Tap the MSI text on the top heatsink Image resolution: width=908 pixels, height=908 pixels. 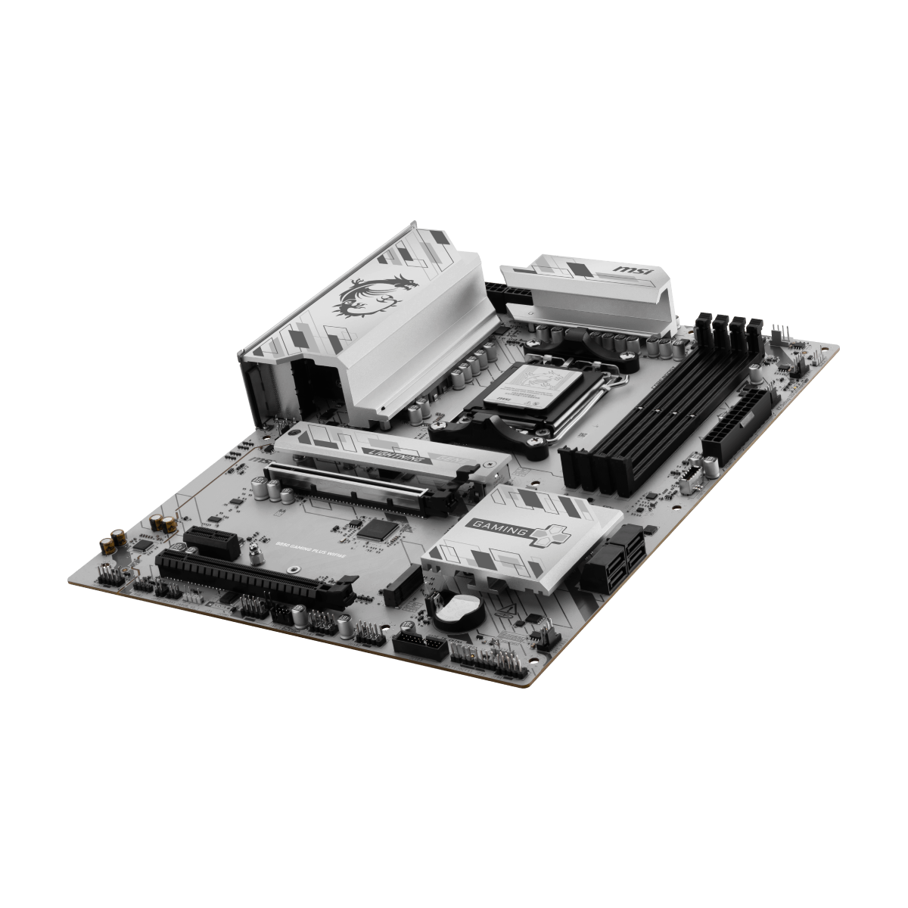click(630, 269)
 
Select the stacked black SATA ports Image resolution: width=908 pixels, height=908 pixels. click(612, 559)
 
